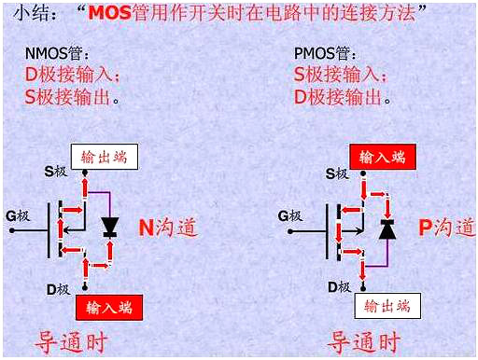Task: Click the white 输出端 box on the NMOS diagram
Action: tap(104, 157)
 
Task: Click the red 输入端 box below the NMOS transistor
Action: tap(108, 306)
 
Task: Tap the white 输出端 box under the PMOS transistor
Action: tap(386, 306)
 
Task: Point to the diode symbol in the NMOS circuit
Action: tap(109, 227)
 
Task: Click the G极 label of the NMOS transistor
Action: tap(20, 216)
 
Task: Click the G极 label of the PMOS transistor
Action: tap(290, 216)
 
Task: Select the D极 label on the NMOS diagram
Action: tap(59, 289)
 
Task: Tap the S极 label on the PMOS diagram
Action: tap(336, 173)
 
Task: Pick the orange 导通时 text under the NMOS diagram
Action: tap(77, 340)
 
